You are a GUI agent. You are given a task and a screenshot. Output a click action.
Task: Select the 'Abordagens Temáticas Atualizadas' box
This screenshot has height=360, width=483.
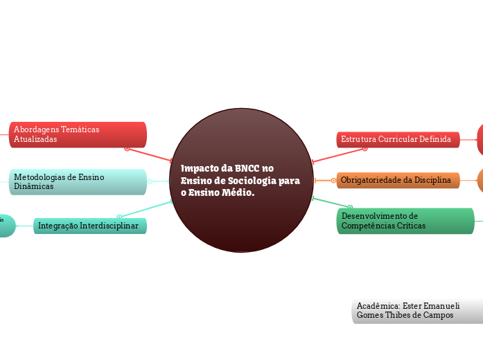coord(78,134)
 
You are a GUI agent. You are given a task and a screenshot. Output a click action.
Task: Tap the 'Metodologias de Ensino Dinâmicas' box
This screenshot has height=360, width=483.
coord(78,181)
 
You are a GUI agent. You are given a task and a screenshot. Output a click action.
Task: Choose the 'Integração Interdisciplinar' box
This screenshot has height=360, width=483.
coord(89,226)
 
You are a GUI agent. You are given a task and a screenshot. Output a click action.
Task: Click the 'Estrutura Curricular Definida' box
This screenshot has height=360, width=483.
coord(398,139)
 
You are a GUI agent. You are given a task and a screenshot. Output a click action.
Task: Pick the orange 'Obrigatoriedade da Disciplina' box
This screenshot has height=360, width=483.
coord(398,180)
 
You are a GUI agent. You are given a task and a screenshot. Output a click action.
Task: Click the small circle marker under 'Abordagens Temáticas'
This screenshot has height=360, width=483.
coord(127,148)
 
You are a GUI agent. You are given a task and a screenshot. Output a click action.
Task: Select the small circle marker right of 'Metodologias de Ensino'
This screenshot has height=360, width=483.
coord(150,181)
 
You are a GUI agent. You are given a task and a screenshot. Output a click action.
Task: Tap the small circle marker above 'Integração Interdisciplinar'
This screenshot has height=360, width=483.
coord(120,217)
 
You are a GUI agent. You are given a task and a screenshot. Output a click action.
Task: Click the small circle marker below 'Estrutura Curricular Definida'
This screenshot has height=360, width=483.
coord(365,148)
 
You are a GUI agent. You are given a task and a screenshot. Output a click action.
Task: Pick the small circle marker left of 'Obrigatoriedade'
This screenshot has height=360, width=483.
coord(333,180)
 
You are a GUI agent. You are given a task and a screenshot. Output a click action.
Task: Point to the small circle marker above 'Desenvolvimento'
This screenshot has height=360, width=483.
coord(350,207)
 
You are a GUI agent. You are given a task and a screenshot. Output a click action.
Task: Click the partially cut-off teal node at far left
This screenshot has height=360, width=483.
coord(6,226)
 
